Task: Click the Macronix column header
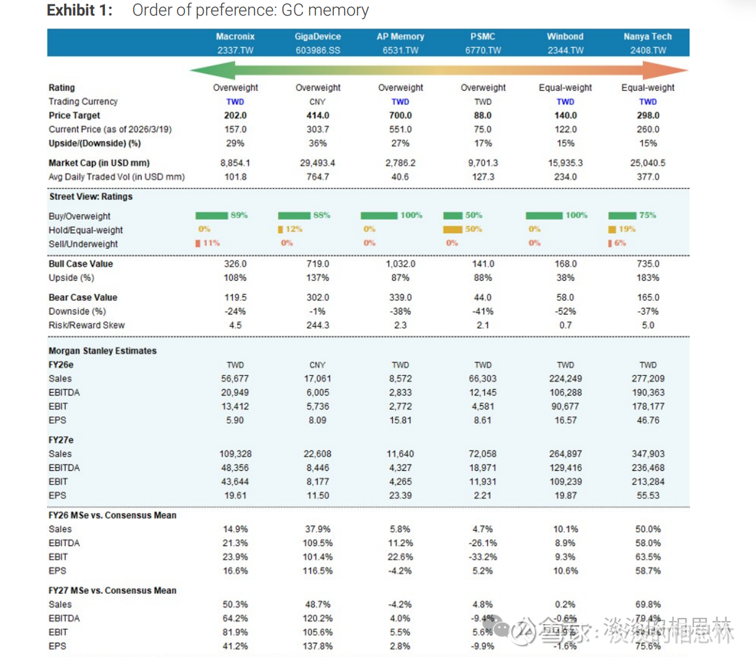pos(235,37)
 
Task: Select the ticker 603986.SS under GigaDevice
pos(318,50)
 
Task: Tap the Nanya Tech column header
pos(647,37)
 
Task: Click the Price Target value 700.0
pos(400,115)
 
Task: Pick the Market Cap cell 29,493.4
pos(317,163)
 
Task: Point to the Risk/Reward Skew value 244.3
pos(317,325)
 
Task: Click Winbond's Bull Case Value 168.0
pos(565,264)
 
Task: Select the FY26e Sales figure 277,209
pos(647,378)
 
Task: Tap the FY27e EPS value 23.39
pos(400,495)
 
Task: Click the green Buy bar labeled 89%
pos(212,215)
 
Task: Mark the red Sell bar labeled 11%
pos(198,243)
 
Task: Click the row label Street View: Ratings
pos(91,197)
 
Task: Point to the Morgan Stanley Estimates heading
pos(102,351)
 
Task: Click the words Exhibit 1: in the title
pos(80,10)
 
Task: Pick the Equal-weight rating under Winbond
pos(565,87)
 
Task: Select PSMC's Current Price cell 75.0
pos(482,129)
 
